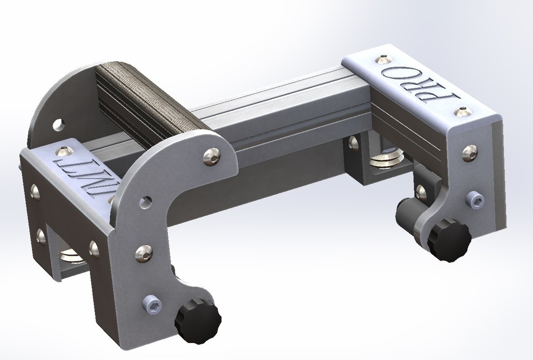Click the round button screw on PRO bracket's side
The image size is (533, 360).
(x=470, y=153)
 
